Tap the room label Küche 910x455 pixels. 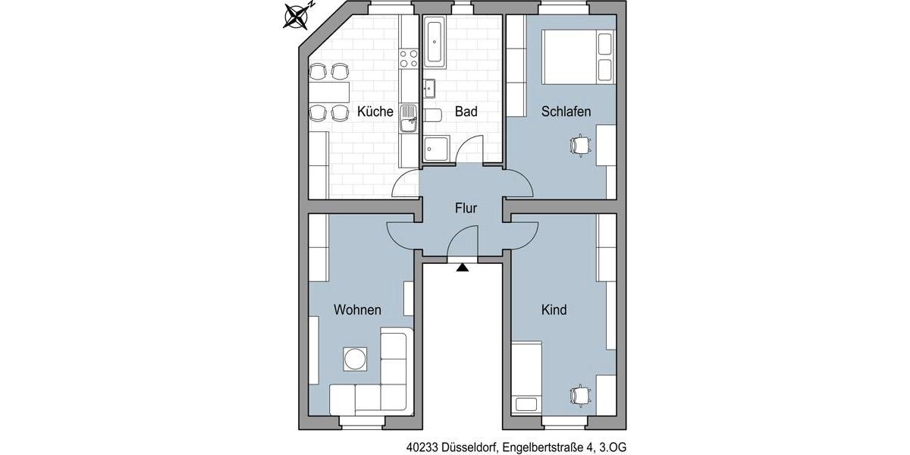click(375, 111)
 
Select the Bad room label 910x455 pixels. click(466, 111)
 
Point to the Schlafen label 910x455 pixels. click(566, 111)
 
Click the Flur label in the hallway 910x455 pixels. click(466, 208)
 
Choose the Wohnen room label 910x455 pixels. click(357, 309)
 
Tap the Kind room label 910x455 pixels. click(554, 309)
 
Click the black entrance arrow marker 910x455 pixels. click(463, 265)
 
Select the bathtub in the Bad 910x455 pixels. click(435, 42)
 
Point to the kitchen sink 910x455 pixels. click(409, 118)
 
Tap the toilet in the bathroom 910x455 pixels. click(433, 115)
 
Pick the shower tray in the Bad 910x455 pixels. click(436, 149)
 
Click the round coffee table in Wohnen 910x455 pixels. click(355, 358)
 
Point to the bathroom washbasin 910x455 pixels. click(430, 86)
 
